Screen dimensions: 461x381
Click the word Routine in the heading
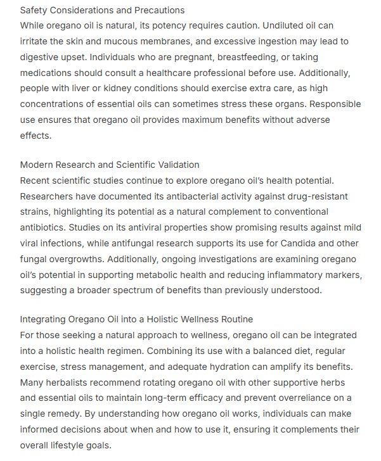point(235,320)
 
